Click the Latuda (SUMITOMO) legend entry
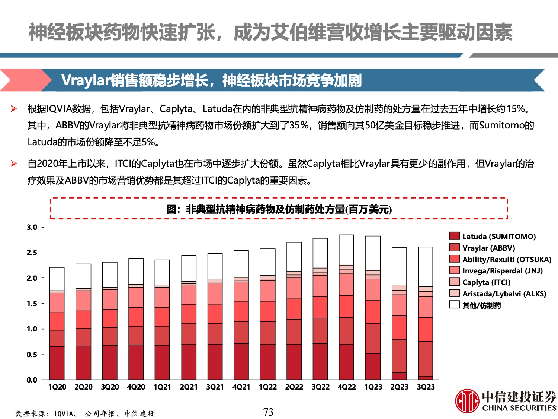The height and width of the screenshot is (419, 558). [498, 237]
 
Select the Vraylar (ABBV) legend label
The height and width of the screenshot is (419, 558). [488, 248]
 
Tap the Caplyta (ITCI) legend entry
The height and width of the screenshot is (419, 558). [486, 282]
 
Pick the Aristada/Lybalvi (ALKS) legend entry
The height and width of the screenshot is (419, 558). [504, 294]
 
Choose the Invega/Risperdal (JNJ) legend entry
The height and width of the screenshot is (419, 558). [502, 271]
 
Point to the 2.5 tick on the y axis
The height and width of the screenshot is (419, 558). [32, 253]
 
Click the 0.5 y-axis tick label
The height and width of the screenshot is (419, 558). [32, 354]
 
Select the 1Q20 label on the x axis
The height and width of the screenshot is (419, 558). [57, 387]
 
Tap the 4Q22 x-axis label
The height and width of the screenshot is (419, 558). [347, 387]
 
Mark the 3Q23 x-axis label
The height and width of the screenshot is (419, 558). [426, 387]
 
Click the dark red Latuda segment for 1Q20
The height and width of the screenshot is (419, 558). [57, 363]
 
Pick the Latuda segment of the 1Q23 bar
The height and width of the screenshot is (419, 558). [373, 366]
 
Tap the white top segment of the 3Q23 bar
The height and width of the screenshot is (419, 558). [426, 267]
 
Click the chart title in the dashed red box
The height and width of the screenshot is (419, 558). [279, 209]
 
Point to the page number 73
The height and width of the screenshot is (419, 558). [268, 412]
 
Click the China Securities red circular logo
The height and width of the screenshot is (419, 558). [467, 401]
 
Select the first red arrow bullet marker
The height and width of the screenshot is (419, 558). [14, 109]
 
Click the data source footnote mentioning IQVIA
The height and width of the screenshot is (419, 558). [84, 413]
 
